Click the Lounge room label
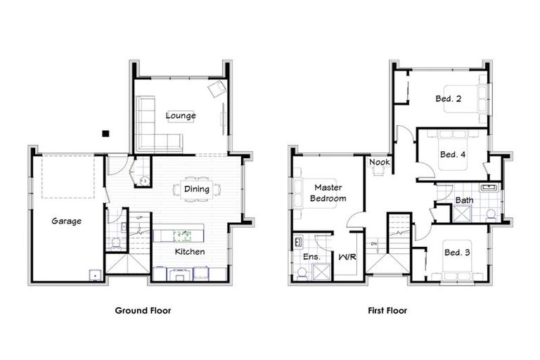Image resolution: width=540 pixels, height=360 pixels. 181,115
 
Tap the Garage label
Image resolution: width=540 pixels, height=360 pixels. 66,221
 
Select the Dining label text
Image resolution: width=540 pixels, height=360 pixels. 196,188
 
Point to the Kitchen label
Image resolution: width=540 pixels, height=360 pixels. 190,251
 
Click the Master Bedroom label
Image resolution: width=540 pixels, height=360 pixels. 328,193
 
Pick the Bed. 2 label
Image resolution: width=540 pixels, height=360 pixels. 448,99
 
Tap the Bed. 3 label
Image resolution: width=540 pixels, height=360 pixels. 456,252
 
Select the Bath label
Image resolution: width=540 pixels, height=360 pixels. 464,200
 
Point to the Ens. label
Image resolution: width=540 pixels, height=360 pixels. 311,257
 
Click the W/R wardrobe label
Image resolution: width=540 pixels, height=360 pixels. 347,257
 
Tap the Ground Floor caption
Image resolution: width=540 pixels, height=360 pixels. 143,309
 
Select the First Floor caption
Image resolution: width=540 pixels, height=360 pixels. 387,309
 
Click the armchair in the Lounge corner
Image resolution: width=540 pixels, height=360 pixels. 217,89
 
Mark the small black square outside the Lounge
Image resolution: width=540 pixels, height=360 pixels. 105,132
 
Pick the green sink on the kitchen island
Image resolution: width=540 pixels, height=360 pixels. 182,233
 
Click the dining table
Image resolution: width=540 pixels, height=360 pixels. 198,188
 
